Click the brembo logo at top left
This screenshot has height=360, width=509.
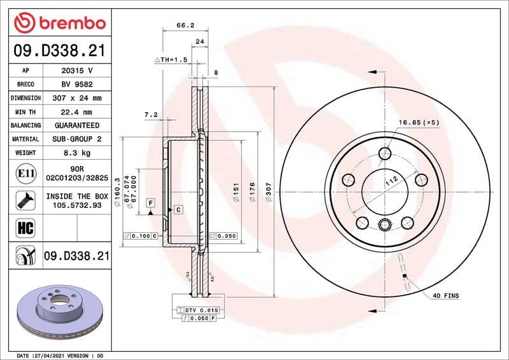[x=59, y=23]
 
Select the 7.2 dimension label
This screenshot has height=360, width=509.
[x=150, y=115]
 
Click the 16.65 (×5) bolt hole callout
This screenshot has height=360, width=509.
[x=419, y=121]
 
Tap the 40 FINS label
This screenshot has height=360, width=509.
[x=445, y=296]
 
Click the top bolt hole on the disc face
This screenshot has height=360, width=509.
[x=384, y=153]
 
